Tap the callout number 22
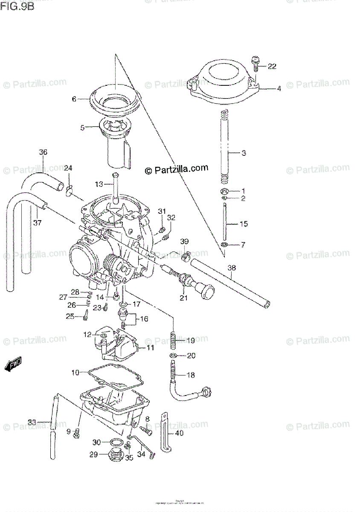(272, 66)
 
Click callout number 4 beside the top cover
(279, 89)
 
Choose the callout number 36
(43, 152)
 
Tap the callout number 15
(244, 224)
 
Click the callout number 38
(231, 269)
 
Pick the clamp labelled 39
(184, 257)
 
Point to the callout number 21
(183, 298)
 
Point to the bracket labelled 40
(165, 432)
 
